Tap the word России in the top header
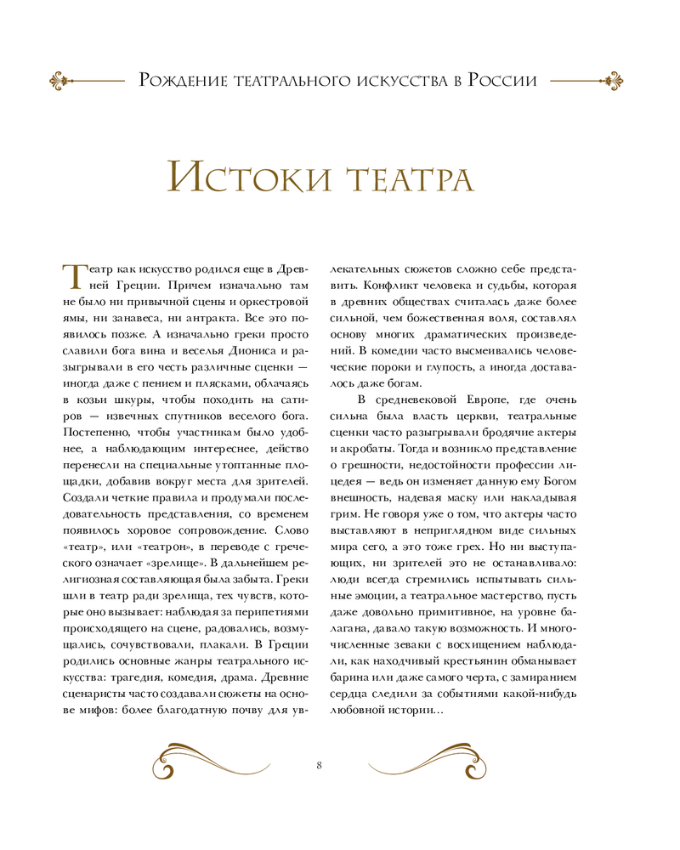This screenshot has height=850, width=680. click(x=501, y=81)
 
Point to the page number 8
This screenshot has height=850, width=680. click(x=318, y=766)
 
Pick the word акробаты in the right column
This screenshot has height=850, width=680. click(x=369, y=449)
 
